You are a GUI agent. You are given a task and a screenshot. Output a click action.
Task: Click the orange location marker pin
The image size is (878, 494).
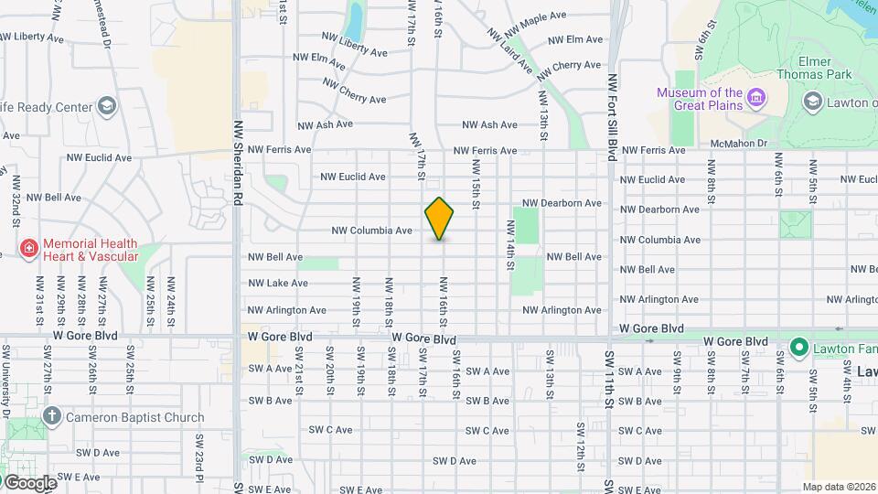tap(439, 219)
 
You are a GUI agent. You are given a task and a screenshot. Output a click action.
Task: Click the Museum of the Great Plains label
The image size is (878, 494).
tap(700, 99)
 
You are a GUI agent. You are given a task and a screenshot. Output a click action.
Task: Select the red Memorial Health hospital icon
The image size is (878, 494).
tap(29, 249)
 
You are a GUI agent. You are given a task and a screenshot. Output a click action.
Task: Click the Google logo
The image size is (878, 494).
tap(29, 482)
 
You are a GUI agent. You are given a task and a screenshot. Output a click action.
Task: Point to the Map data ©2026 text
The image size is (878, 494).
tap(838, 487)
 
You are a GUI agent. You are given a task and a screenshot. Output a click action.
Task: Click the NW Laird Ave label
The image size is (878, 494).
tap(509, 49)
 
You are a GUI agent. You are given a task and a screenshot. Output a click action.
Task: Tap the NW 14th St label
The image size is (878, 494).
tap(510, 244)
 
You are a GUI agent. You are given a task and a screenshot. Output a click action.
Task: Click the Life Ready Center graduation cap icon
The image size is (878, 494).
tap(106, 106)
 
